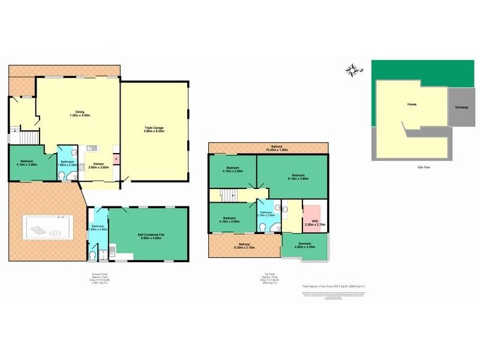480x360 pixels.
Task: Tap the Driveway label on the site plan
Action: coord(461,107)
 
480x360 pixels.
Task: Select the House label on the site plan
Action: coord(412,104)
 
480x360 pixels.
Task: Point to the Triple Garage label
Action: coord(154,130)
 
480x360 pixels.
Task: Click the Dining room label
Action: coord(79,113)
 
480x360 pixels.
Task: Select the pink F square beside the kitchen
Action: coord(116,160)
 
